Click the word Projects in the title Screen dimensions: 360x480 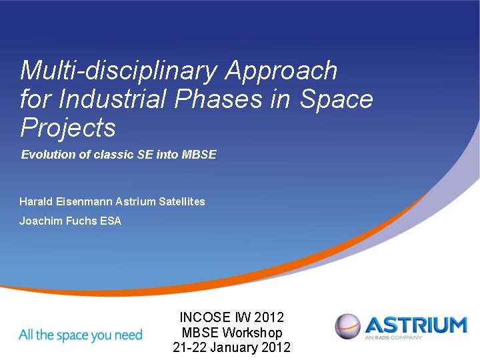[68, 127]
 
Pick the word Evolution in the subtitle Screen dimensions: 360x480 [46, 155]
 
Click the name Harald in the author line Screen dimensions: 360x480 [35, 201]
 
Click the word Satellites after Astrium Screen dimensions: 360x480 [181, 201]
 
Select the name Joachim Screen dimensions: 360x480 [41, 221]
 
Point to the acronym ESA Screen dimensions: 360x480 [111, 221]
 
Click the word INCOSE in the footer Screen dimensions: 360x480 [205, 318]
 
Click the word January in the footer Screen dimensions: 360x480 [236, 347]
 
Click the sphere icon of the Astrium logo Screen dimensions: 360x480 [347, 327]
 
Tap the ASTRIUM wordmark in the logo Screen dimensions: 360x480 [415, 325]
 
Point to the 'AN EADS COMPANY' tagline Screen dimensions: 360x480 [393, 337]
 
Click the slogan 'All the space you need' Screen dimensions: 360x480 [81, 334]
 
